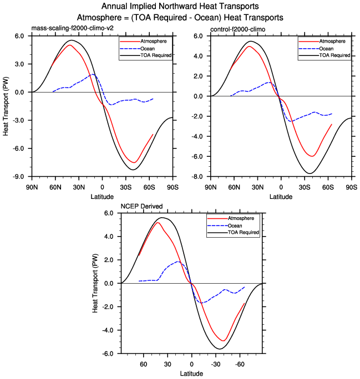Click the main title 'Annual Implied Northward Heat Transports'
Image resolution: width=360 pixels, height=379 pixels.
coord(180,7)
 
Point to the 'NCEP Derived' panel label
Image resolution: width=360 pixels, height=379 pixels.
coord(142,206)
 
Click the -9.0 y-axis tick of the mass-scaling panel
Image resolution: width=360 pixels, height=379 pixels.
coord(19,177)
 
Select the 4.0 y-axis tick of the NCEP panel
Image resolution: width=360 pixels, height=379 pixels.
coord(109,237)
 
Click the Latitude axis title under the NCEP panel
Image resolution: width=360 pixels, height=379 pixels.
coord(191,374)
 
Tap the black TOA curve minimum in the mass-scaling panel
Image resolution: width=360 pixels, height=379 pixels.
coord(134,170)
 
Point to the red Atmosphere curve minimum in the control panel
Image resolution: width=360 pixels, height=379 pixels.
coord(312,156)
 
